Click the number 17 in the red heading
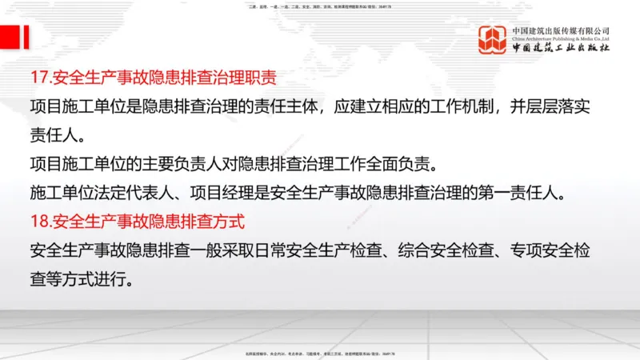point(37,78)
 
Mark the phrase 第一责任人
point(532,193)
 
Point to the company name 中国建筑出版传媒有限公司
point(561,30)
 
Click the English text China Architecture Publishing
point(561,38)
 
